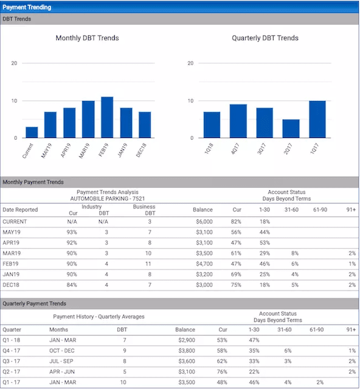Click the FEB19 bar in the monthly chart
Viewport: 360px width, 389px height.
point(107,117)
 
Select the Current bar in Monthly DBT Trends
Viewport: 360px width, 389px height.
point(32,132)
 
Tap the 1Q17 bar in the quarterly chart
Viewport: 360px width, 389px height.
point(317,119)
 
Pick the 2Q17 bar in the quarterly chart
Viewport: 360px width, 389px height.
point(291,128)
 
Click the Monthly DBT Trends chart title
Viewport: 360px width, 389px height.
point(87,38)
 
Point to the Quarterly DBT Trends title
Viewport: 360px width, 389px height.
point(265,38)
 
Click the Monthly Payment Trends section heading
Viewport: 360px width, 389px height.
point(33,182)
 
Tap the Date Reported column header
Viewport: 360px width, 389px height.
point(20,210)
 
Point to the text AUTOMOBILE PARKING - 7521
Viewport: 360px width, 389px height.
point(110,198)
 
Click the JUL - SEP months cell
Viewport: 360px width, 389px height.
point(62,360)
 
